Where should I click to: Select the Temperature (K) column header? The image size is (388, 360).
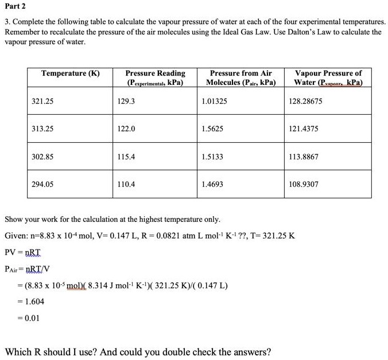(71, 73)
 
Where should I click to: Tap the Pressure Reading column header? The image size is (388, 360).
(156, 77)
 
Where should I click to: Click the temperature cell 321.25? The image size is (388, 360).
(42, 101)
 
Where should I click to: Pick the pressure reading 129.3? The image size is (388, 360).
(126, 101)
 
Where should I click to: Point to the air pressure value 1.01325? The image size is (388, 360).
(215, 101)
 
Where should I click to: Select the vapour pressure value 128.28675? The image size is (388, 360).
(306, 101)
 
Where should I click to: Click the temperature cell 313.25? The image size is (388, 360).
(42, 129)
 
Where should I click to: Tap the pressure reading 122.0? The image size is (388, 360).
(126, 129)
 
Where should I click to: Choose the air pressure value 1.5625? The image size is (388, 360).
(213, 129)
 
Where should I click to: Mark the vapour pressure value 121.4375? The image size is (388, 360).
(304, 129)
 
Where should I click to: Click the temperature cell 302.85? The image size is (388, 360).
(42, 156)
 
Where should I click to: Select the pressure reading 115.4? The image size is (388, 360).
(126, 156)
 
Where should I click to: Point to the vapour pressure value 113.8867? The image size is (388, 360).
(304, 156)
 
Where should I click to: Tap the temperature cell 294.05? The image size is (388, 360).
(42, 185)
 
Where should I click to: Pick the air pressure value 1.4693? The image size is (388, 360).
(213, 185)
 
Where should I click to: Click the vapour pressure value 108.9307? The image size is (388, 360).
(304, 185)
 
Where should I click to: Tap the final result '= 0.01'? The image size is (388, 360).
(28, 318)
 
